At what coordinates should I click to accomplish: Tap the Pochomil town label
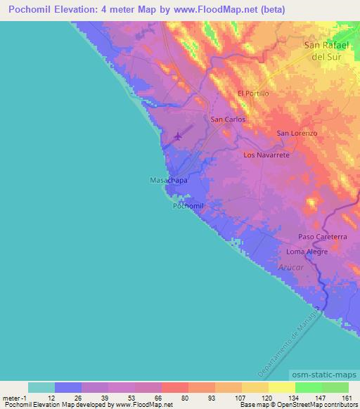click(188, 206)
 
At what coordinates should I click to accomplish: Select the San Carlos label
click(229, 119)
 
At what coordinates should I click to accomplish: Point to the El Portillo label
click(253, 93)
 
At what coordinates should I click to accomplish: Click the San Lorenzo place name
click(297, 133)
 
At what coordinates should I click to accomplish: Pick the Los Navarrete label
click(266, 154)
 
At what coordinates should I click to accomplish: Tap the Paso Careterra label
click(322, 237)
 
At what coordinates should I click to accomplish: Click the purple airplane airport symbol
click(178, 136)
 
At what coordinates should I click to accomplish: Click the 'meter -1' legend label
click(13, 398)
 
